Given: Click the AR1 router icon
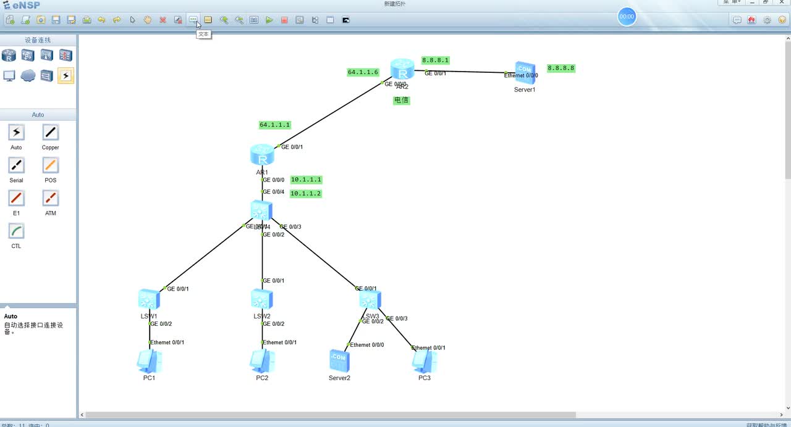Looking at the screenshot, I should pyautogui.click(x=262, y=155).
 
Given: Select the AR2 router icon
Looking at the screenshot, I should pyautogui.click(x=402, y=70).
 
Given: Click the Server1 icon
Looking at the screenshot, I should pyautogui.click(x=525, y=73).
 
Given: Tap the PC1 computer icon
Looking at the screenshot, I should pyautogui.click(x=149, y=362).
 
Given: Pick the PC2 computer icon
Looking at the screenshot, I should pyautogui.click(x=262, y=362).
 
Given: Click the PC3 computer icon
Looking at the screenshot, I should pyautogui.click(x=425, y=362).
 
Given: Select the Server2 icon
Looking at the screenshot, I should pyautogui.click(x=339, y=360).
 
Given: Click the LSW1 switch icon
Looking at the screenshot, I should pyautogui.click(x=149, y=300).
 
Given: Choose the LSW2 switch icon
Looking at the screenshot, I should pyautogui.click(x=262, y=300).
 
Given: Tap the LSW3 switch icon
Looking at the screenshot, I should pyautogui.click(x=370, y=301).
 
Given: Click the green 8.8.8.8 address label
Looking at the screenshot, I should pyautogui.click(x=561, y=68).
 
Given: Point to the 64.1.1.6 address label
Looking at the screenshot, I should pyautogui.click(x=363, y=72).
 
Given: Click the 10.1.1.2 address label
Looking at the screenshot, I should pyautogui.click(x=306, y=194).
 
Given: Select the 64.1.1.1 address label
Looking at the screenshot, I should pyautogui.click(x=274, y=125).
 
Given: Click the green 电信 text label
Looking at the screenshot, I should pyautogui.click(x=402, y=100).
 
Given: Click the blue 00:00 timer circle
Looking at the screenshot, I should pyautogui.click(x=627, y=17).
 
